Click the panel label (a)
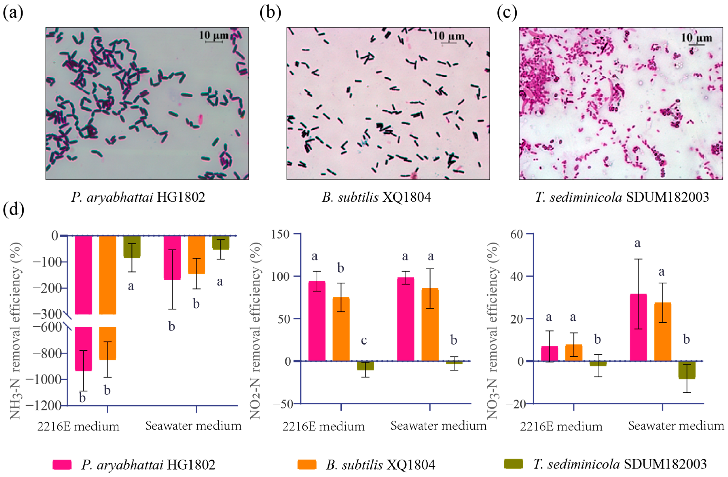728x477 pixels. tap(13, 13)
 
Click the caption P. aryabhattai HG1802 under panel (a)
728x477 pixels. tap(138, 197)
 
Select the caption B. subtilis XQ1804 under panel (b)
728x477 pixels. tap(376, 197)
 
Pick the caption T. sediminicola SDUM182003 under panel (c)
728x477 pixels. tap(622, 197)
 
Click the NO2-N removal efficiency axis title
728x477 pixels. tap(255, 330)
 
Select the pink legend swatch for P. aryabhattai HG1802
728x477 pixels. tap(62, 464)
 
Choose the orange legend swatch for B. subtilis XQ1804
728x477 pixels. tap(307, 464)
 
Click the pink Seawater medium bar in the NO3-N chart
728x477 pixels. tap(638, 327)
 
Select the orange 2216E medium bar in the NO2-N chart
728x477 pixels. tap(341, 329)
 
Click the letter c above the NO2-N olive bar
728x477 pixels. tap(364, 340)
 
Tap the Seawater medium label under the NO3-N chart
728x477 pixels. tap(676, 426)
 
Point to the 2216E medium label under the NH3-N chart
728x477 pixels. tap(78, 426)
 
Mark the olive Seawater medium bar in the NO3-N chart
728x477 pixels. tap(687, 370)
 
